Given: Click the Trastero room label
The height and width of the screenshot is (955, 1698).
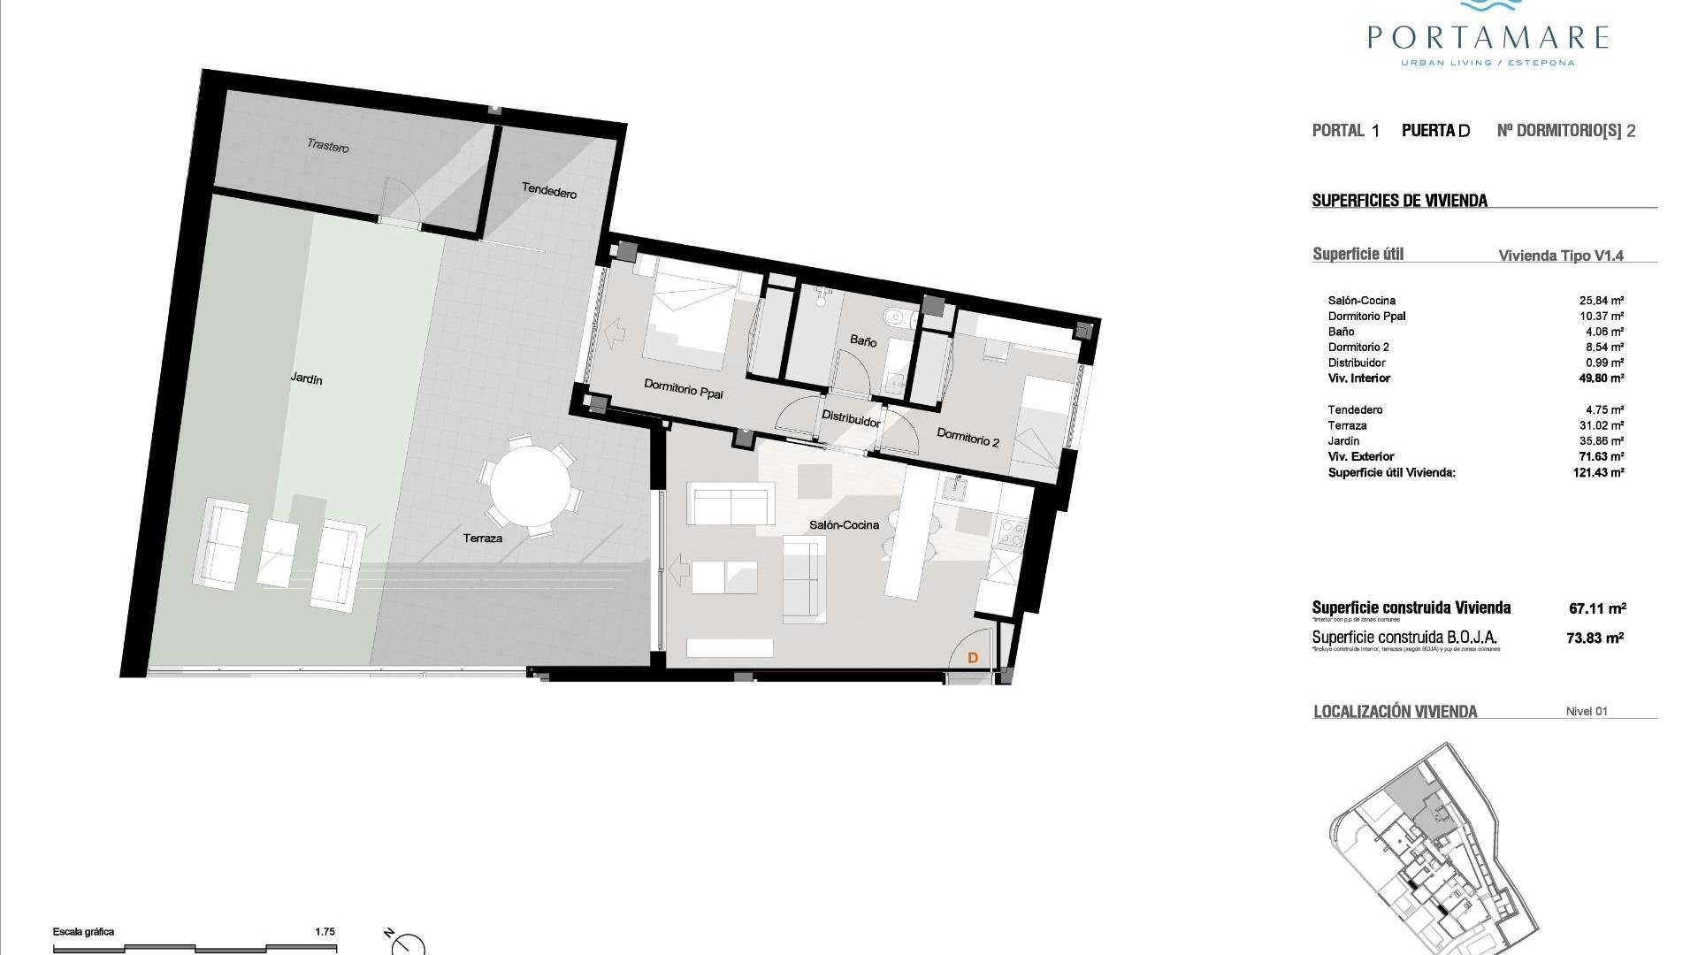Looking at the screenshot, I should (x=328, y=146).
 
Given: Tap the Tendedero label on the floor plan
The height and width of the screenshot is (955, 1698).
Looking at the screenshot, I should (x=548, y=190).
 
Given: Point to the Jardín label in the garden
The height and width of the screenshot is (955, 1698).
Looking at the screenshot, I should (x=306, y=378).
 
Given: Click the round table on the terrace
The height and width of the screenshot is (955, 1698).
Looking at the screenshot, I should (x=530, y=486).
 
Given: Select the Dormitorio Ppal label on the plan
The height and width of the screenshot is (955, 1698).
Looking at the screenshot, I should (x=683, y=388).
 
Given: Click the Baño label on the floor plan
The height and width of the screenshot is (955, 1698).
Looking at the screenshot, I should (x=863, y=340).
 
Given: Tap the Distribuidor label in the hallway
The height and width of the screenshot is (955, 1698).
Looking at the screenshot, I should (x=851, y=418).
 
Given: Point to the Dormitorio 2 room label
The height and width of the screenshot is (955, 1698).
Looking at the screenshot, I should (x=968, y=437).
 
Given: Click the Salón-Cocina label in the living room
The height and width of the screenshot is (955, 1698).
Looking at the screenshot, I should (x=844, y=525).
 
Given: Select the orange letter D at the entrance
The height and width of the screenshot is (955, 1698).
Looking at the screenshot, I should (x=973, y=658).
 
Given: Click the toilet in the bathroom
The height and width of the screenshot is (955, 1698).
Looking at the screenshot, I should (x=896, y=316).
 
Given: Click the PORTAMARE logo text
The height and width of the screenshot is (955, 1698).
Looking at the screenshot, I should (x=1487, y=37).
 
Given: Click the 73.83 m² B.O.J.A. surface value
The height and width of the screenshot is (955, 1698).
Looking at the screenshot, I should (x=1595, y=638).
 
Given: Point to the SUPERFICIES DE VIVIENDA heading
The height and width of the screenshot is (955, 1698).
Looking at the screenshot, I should (x=1399, y=201).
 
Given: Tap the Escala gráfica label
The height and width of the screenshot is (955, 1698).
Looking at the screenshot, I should (x=83, y=931).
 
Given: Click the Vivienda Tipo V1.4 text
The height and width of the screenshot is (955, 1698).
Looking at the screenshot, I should (x=1561, y=256).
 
